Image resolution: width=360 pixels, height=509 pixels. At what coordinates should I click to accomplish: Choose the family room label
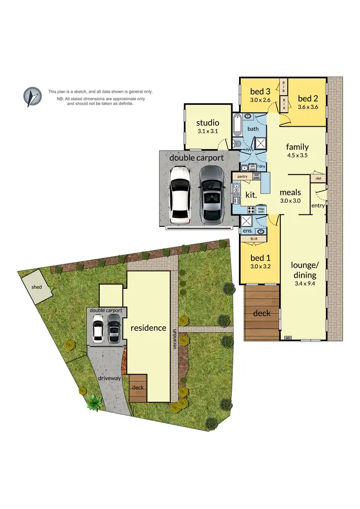[x=297, y=147]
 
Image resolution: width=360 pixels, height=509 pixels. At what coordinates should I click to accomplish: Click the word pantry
[x=242, y=177]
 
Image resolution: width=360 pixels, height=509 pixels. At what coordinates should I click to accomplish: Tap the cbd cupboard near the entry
[x=318, y=178]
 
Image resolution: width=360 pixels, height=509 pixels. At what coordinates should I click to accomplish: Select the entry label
[x=318, y=205]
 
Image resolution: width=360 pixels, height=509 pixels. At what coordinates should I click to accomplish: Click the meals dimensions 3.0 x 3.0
[x=290, y=201]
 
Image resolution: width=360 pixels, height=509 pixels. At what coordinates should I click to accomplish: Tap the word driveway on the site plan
[x=108, y=378]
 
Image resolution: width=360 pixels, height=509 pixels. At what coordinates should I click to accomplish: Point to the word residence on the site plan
[x=148, y=328]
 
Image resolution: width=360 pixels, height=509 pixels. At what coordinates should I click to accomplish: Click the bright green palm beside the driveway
[x=93, y=403]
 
